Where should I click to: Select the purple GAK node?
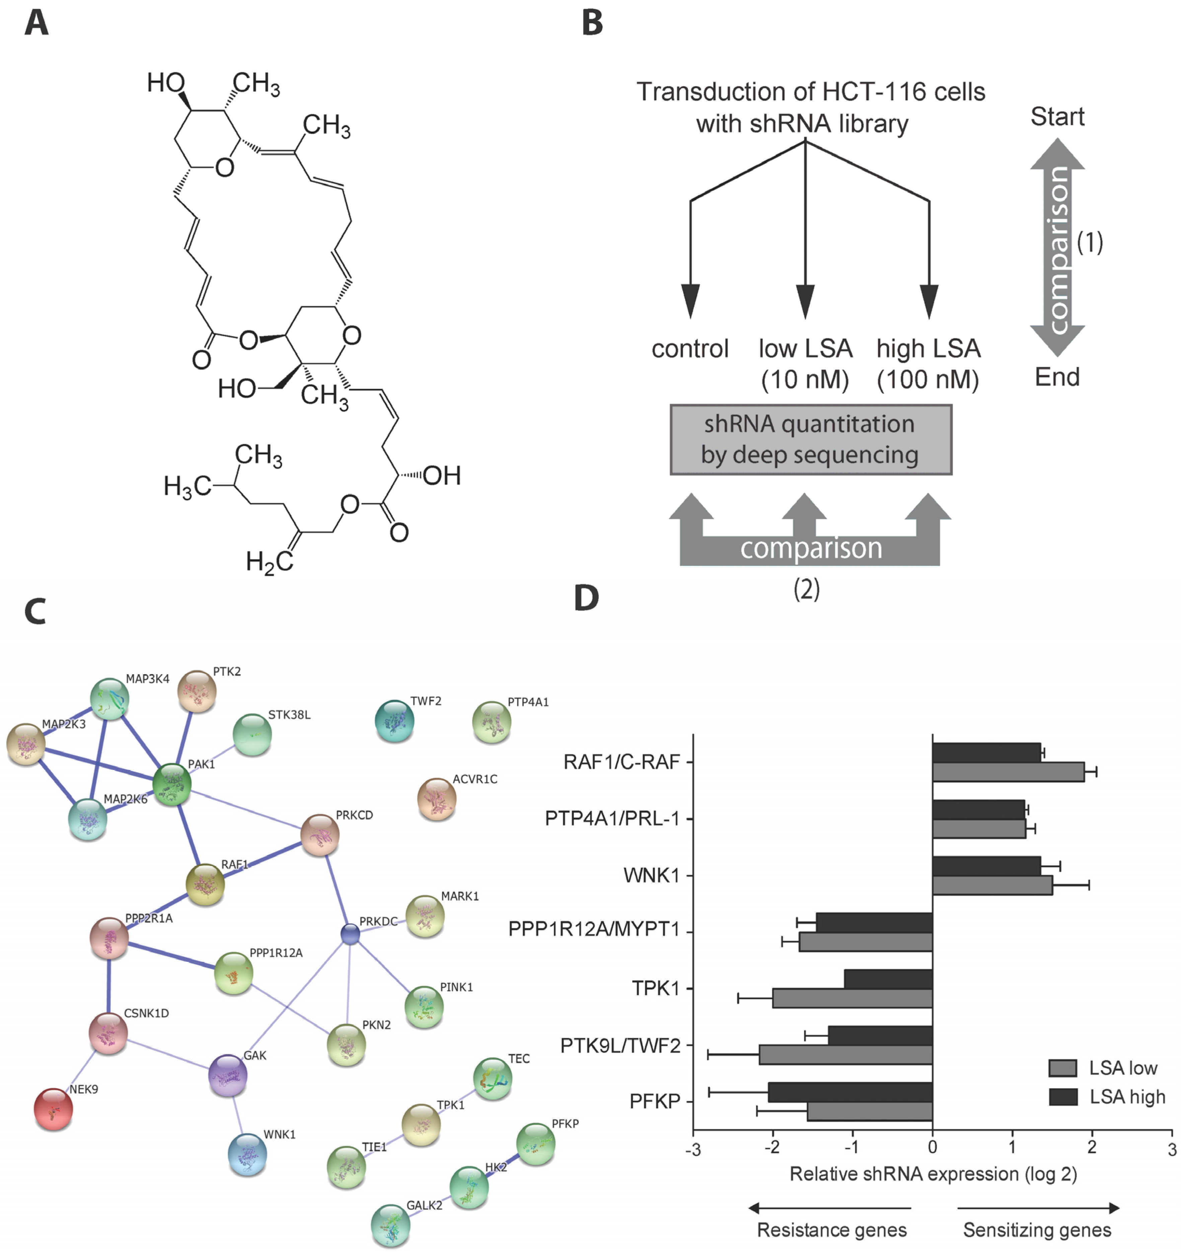pyautogui.click(x=227, y=1074)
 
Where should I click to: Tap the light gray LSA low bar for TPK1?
pyautogui.click(x=852, y=998)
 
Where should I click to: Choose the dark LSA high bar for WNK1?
pyautogui.click(x=986, y=866)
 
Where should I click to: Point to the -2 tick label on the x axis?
pyautogui.click(x=772, y=1147)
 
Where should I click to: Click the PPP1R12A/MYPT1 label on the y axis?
pyautogui.click(x=593, y=929)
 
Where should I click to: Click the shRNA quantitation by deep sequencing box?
pyautogui.click(x=810, y=439)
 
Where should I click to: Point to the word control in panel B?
pyautogui.click(x=690, y=348)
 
